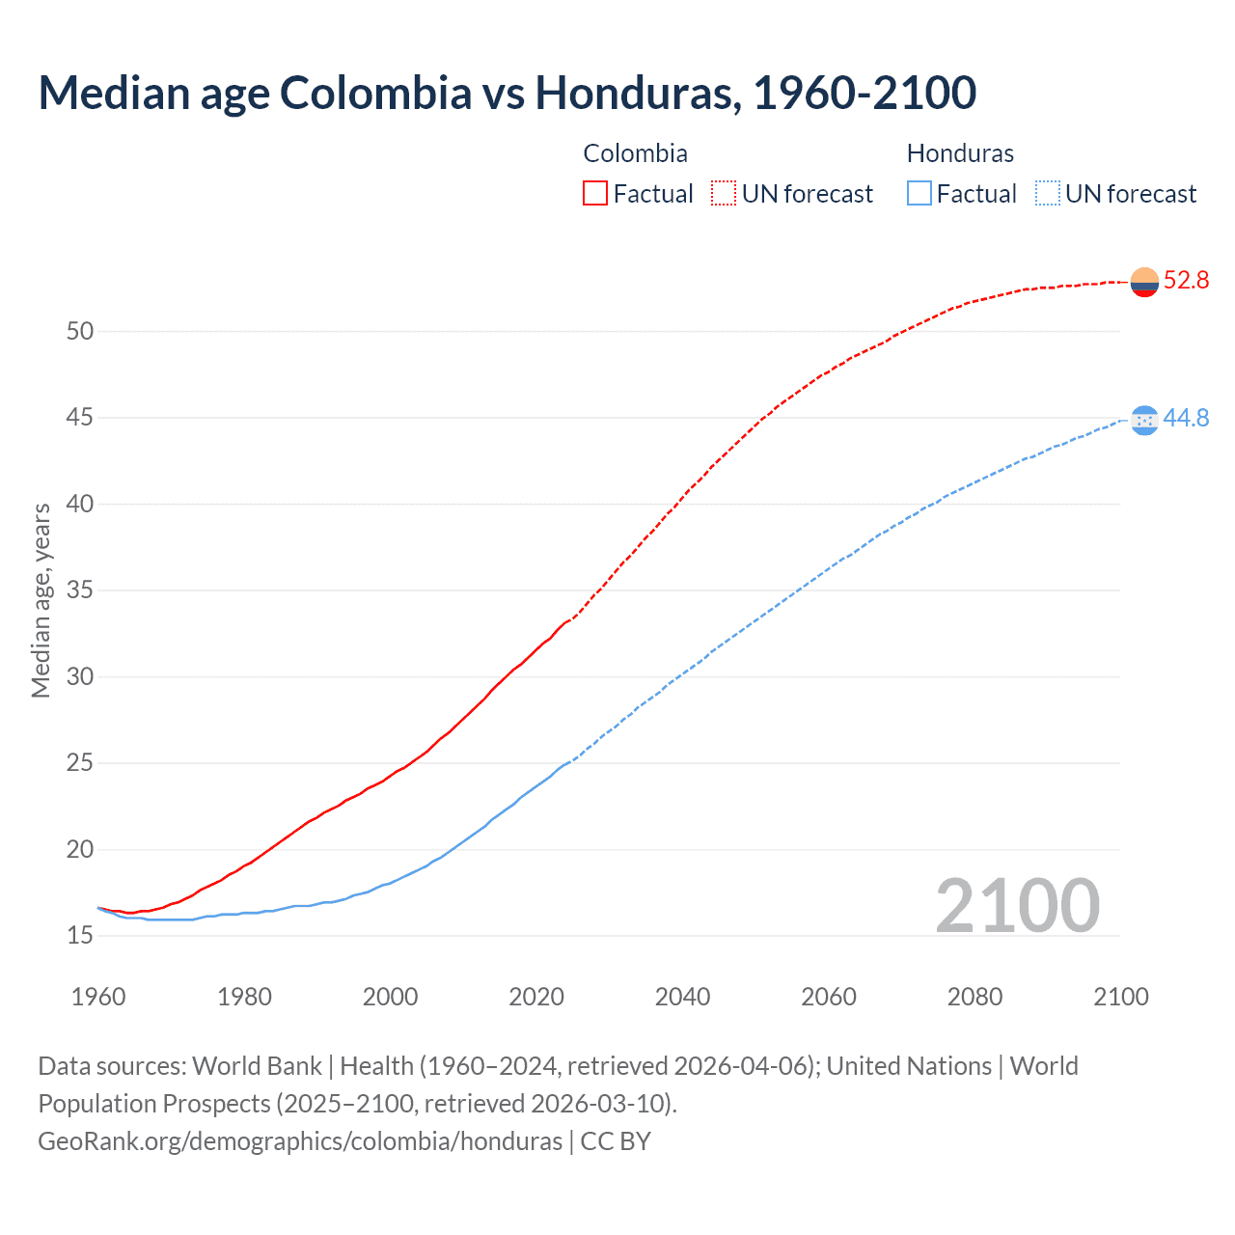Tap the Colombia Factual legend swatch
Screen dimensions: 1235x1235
pos(595,194)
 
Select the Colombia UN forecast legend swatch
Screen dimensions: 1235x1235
pos(724,194)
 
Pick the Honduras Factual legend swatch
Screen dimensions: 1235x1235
pos(919,194)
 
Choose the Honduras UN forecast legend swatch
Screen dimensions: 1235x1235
pos(1048,194)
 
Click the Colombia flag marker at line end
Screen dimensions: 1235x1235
pos(1144,282)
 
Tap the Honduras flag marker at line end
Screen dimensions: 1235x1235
pos(1144,420)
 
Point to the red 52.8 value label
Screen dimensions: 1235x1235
pos(1186,281)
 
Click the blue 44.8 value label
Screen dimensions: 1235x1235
pos(1186,419)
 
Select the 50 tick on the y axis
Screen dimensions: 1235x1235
pos(80,332)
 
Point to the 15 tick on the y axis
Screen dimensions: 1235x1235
pos(80,936)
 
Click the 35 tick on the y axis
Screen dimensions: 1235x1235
pos(80,590)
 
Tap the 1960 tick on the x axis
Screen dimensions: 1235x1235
pos(98,997)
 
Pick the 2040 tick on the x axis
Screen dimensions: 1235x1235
pos(682,997)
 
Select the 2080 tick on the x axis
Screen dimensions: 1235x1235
pos(974,997)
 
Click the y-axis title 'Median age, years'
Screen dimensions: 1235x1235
pos(41,600)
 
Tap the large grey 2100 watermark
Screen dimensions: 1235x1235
pos(1017,906)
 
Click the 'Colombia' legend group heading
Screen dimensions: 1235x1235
pos(635,153)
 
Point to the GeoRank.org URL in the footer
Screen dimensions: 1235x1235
pos(300,1141)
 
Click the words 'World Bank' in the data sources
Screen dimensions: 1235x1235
pos(257,1066)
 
